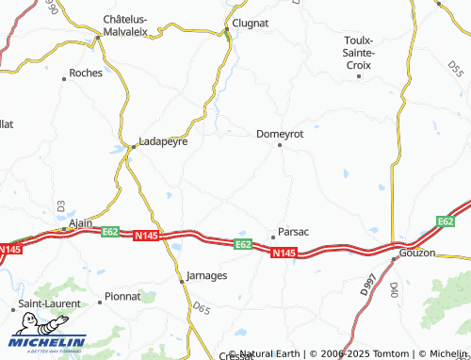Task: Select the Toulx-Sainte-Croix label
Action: [x=360, y=53]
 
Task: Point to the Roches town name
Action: [x=87, y=73]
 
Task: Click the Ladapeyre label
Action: [x=163, y=142]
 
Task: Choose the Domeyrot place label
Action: [x=280, y=134]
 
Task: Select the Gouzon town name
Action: [x=417, y=253]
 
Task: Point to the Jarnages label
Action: [x=204, y=277]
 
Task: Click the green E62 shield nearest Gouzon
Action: [x=446, y=221]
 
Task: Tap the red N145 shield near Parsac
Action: [x=284, y=253]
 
